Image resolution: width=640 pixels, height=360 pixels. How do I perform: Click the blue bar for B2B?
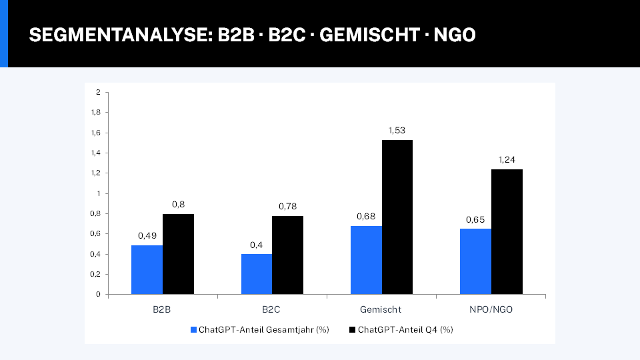[147, 269]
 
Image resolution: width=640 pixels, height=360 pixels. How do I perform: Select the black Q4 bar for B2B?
[178, 254]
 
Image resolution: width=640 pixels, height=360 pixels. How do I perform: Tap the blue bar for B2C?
[256, 274]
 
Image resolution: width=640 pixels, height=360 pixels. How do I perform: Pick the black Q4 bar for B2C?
[287, 255]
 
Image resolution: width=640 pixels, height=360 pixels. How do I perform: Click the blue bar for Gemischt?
[366, 260]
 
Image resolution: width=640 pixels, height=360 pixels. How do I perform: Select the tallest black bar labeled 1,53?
[397, 217]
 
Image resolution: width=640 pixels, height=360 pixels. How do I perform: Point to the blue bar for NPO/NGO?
[475, 261]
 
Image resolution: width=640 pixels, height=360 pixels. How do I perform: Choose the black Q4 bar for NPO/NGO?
[507, 231]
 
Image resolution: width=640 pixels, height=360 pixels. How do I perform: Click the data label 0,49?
[147, 235]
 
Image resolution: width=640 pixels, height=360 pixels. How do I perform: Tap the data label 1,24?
[507, 159]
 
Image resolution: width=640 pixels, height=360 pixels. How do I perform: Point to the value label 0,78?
[287, 206]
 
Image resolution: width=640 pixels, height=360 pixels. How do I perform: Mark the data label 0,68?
[366, 216]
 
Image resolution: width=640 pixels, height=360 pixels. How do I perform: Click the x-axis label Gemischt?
[381, 310]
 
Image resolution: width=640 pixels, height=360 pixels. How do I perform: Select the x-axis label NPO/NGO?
[491, 310]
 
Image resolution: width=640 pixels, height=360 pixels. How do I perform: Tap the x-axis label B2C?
[272, 310]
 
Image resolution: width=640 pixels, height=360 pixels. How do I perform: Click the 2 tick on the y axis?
[98, 92]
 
